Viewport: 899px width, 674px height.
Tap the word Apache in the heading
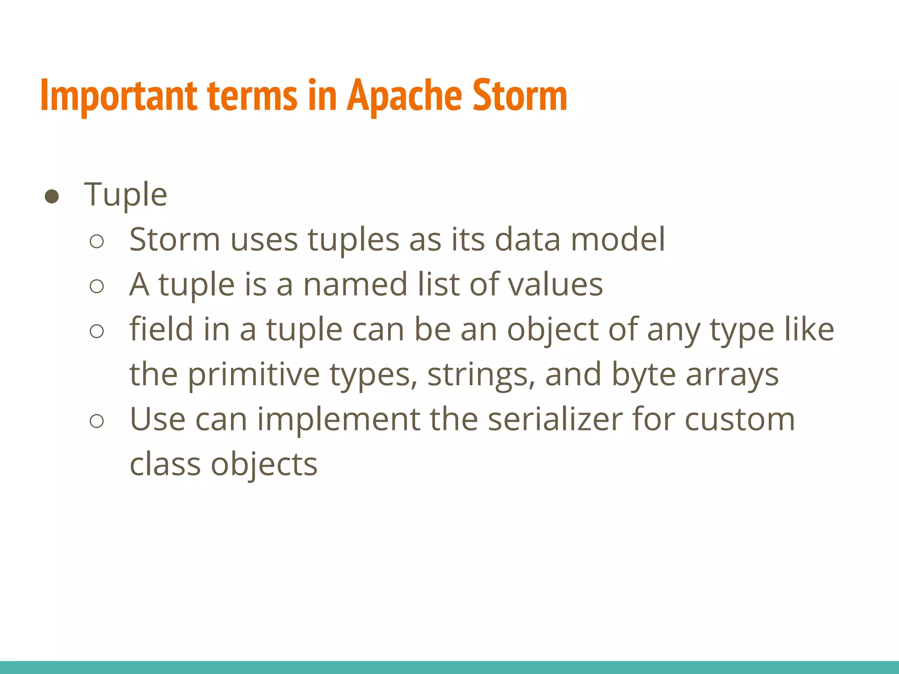(x=404, y=96)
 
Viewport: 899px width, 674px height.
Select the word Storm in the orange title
(x=520, y=96)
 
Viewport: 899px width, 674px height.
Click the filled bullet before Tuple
(x=52, y=197)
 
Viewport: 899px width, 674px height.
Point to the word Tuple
(x=126, y=194)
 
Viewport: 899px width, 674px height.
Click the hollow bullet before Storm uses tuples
(x=97, y=241)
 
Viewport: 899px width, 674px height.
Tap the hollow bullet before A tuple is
(x=97, y=287)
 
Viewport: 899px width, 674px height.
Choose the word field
(x=161, y=329)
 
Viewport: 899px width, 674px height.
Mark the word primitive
(x=254, y=375)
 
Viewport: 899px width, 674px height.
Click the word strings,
(x=482, y=375)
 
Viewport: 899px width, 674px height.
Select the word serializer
(x=555, y=419)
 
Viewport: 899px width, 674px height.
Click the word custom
(x=740, y=419)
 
